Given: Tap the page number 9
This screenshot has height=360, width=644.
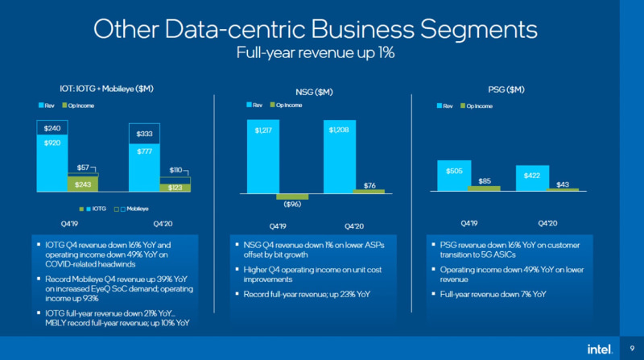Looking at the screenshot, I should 631,348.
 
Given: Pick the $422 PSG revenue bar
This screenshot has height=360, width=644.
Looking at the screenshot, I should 532,178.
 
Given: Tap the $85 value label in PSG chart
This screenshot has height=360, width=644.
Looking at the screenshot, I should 484,181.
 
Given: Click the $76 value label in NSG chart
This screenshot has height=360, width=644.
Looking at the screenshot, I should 369,185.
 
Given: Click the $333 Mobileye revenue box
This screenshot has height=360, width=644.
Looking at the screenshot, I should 145,134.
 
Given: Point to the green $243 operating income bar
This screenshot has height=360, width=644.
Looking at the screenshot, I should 82,184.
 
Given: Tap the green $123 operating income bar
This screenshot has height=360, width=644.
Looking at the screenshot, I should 175,188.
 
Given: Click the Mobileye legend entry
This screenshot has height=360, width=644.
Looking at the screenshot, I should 134,209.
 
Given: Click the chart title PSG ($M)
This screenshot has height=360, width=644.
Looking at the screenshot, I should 506,89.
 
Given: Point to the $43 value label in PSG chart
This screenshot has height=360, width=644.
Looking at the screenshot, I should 563,184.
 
